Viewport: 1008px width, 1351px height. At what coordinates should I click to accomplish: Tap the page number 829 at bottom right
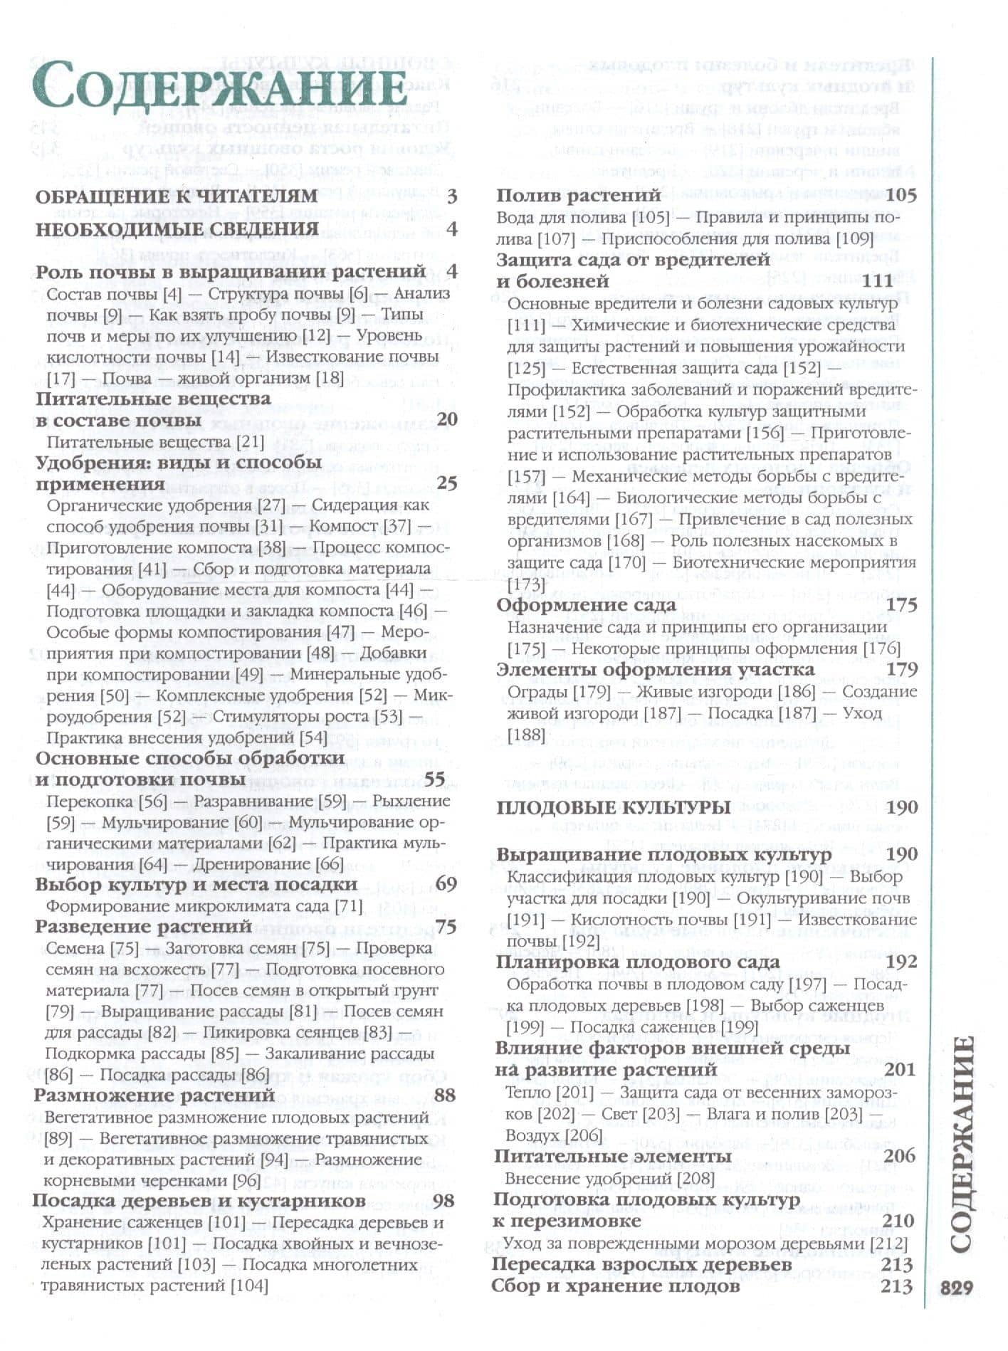coord(956,1288)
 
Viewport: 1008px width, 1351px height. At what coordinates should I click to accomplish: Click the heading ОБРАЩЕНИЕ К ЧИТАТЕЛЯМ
coord(177,196)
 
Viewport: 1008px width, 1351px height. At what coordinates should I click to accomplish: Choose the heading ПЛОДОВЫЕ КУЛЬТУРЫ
coord(613,807)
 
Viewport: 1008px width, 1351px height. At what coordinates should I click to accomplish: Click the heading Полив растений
coord(579,196)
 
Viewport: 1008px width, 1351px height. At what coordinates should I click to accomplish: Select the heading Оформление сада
coord(585,605)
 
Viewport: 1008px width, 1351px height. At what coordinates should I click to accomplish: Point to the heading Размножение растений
coord(154,1095)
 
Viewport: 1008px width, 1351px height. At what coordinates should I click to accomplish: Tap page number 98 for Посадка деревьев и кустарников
coord(443,1200)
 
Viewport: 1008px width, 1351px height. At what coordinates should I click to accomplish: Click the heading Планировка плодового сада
coord(638,962)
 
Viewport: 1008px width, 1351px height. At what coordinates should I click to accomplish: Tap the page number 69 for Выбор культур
coord(445,884)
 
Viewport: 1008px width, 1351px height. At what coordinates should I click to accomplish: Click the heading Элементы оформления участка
coord(655,670)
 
